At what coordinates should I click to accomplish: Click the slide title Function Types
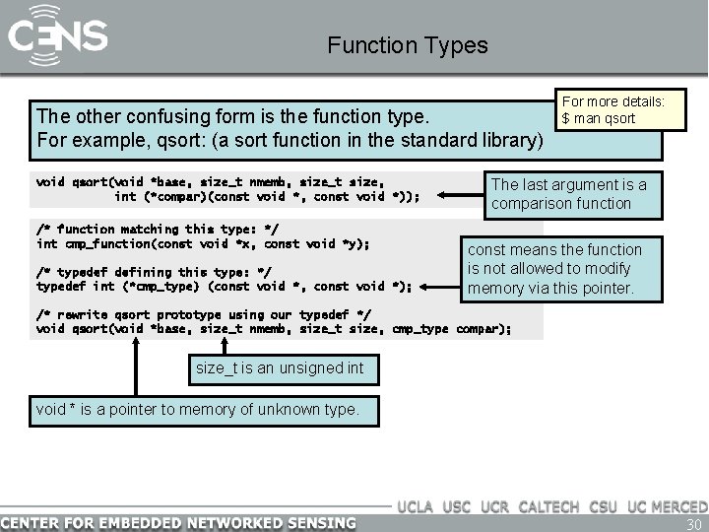pos(407,45)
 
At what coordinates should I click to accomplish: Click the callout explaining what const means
pos(554,269)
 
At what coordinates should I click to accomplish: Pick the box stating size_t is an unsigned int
pos(280,368)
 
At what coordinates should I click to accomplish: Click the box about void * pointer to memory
pos(197,408)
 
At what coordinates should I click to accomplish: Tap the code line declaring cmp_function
pos(203,243)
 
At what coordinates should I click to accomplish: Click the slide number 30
pos(692,523)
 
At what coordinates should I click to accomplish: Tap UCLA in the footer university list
pos(417,506)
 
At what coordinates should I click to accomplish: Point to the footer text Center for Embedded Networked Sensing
pos(178,522)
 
